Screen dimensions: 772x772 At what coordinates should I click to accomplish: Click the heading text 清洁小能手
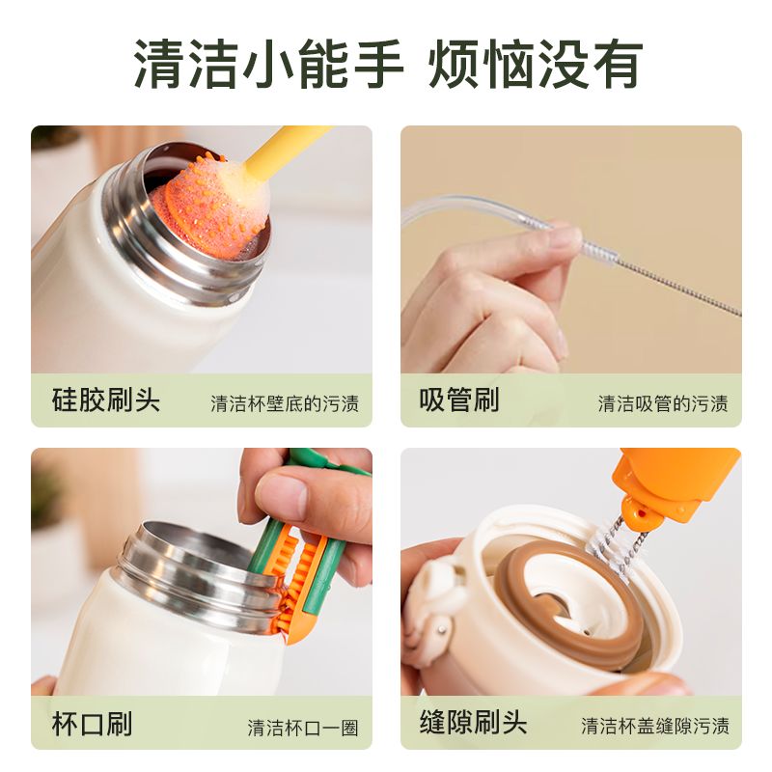(x=268, y=65)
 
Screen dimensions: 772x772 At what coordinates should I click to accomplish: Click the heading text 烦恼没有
(x=536, y=65)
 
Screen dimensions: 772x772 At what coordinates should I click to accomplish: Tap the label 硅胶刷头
(x=106, y=400)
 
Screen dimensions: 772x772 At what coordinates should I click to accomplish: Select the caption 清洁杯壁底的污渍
(x=285, y=403)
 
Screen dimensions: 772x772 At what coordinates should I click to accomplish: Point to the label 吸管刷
(x=459, y=400)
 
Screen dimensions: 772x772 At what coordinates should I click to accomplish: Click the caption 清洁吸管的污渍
(x=663, y=403)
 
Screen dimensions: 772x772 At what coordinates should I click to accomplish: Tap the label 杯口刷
(x=92, y=723)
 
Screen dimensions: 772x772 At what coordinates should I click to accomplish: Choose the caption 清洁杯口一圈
(x=303, y=728)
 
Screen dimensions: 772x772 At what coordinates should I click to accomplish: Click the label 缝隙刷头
(x=473, y=722)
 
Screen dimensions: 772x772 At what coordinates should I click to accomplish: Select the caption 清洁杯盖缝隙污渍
(x=655, y=726)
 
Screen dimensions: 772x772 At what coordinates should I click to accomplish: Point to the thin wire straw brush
(x=660, y=277)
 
